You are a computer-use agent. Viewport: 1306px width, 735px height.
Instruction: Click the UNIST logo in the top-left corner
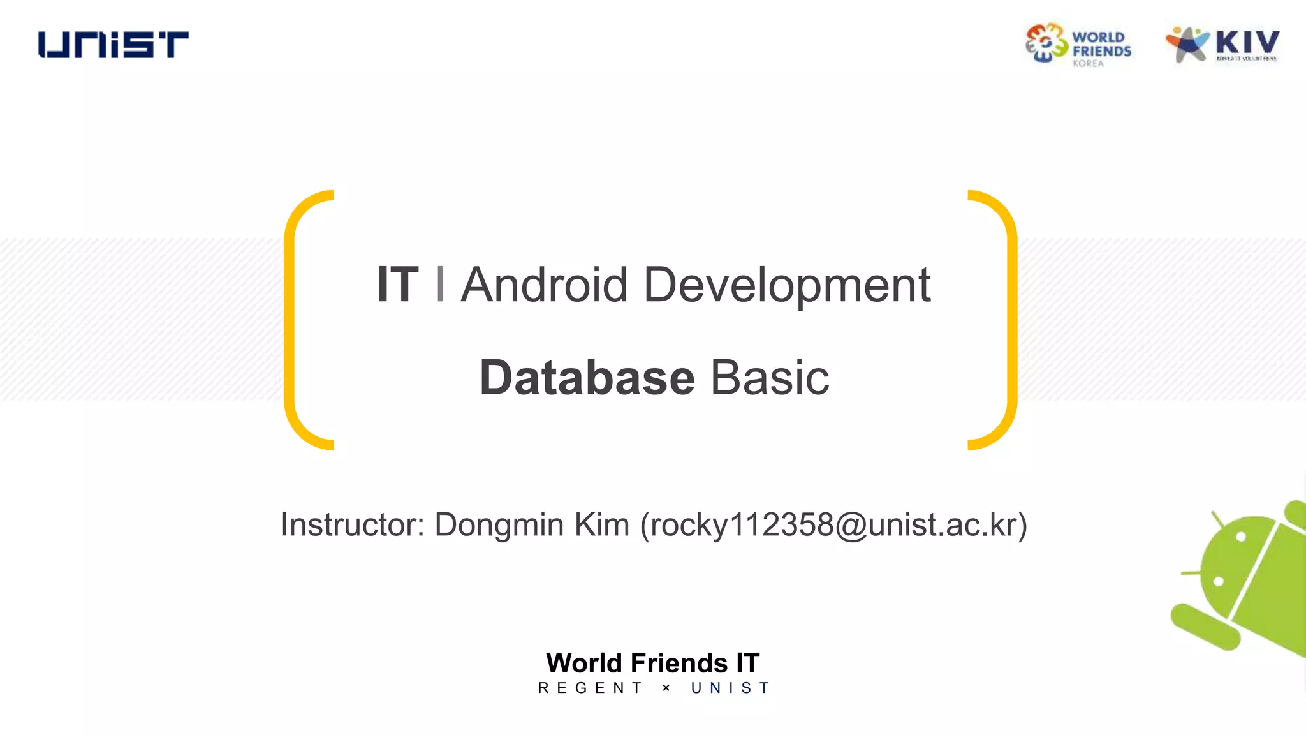114,45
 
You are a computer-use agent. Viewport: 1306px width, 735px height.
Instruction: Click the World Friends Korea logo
1078,45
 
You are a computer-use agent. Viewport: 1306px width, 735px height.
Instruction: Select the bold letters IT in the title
397,285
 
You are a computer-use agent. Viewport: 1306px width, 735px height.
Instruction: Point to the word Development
787,285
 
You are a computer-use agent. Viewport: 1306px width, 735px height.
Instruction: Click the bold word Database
587,378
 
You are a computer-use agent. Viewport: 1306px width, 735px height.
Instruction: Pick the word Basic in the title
770,378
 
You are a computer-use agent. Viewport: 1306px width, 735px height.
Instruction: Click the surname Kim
601,525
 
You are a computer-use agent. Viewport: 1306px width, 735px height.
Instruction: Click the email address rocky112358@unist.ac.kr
833,525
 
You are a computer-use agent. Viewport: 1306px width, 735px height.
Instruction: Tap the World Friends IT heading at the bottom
652,663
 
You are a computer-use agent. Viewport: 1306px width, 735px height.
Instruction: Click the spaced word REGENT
591,688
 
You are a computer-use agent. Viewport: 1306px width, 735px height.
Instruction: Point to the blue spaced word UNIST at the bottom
731,688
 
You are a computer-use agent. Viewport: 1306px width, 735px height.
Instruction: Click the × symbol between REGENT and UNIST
666,688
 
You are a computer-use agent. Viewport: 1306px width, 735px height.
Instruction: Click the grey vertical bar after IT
440,285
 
